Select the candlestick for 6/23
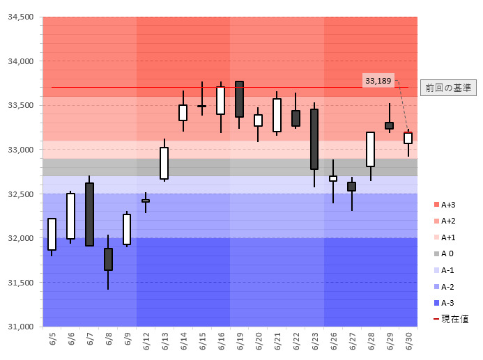coord(314,139)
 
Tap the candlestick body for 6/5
coord(52,234)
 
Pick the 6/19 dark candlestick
coord(239,99)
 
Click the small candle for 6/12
coord(146,201)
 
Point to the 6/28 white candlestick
coord(370,149)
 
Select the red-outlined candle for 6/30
coord(408,138)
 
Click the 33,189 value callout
coord(378,81)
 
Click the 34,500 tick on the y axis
coord(20,17)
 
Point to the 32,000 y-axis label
coord(20,238)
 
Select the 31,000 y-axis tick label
coord(20,327)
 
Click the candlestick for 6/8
coord(108,259)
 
